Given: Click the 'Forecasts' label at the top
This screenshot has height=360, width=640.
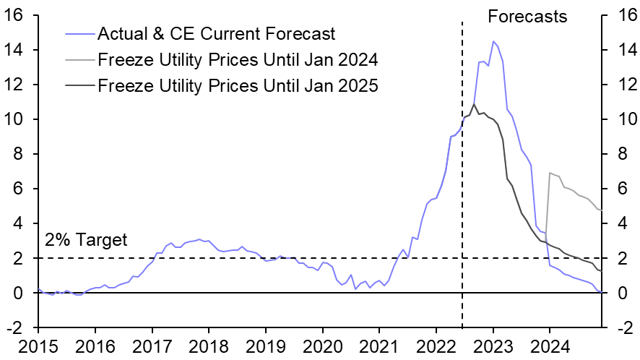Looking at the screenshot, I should (x=527, y=16).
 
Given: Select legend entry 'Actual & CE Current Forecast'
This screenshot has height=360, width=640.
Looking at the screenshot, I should (x=216, y=33).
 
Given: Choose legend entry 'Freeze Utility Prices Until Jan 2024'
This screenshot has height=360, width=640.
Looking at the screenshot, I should (x=238, y=59).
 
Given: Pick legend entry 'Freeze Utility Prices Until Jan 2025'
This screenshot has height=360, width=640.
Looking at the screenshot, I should (x=238, y=85).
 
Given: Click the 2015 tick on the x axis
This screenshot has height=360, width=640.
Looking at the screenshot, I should (x=39, y=346).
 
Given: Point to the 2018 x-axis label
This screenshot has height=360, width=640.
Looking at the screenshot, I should (x=209, y=346).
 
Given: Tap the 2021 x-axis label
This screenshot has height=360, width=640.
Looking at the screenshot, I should (x=379, y=346).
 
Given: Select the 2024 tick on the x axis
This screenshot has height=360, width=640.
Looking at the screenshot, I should (x=549, y=346).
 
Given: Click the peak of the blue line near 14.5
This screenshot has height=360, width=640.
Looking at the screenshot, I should (x=493, y=41).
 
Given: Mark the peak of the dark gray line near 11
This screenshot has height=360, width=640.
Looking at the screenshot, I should (x=474, y=104).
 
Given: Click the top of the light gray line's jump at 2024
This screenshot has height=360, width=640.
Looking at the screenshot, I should (x=550, y=173).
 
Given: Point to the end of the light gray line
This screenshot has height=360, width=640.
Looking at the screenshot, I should (x=602, y=210).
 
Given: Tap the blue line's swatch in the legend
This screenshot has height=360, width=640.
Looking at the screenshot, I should (x=79, y=34).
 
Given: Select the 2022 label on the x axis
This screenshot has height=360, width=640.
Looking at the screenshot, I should (x=436, y=346).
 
